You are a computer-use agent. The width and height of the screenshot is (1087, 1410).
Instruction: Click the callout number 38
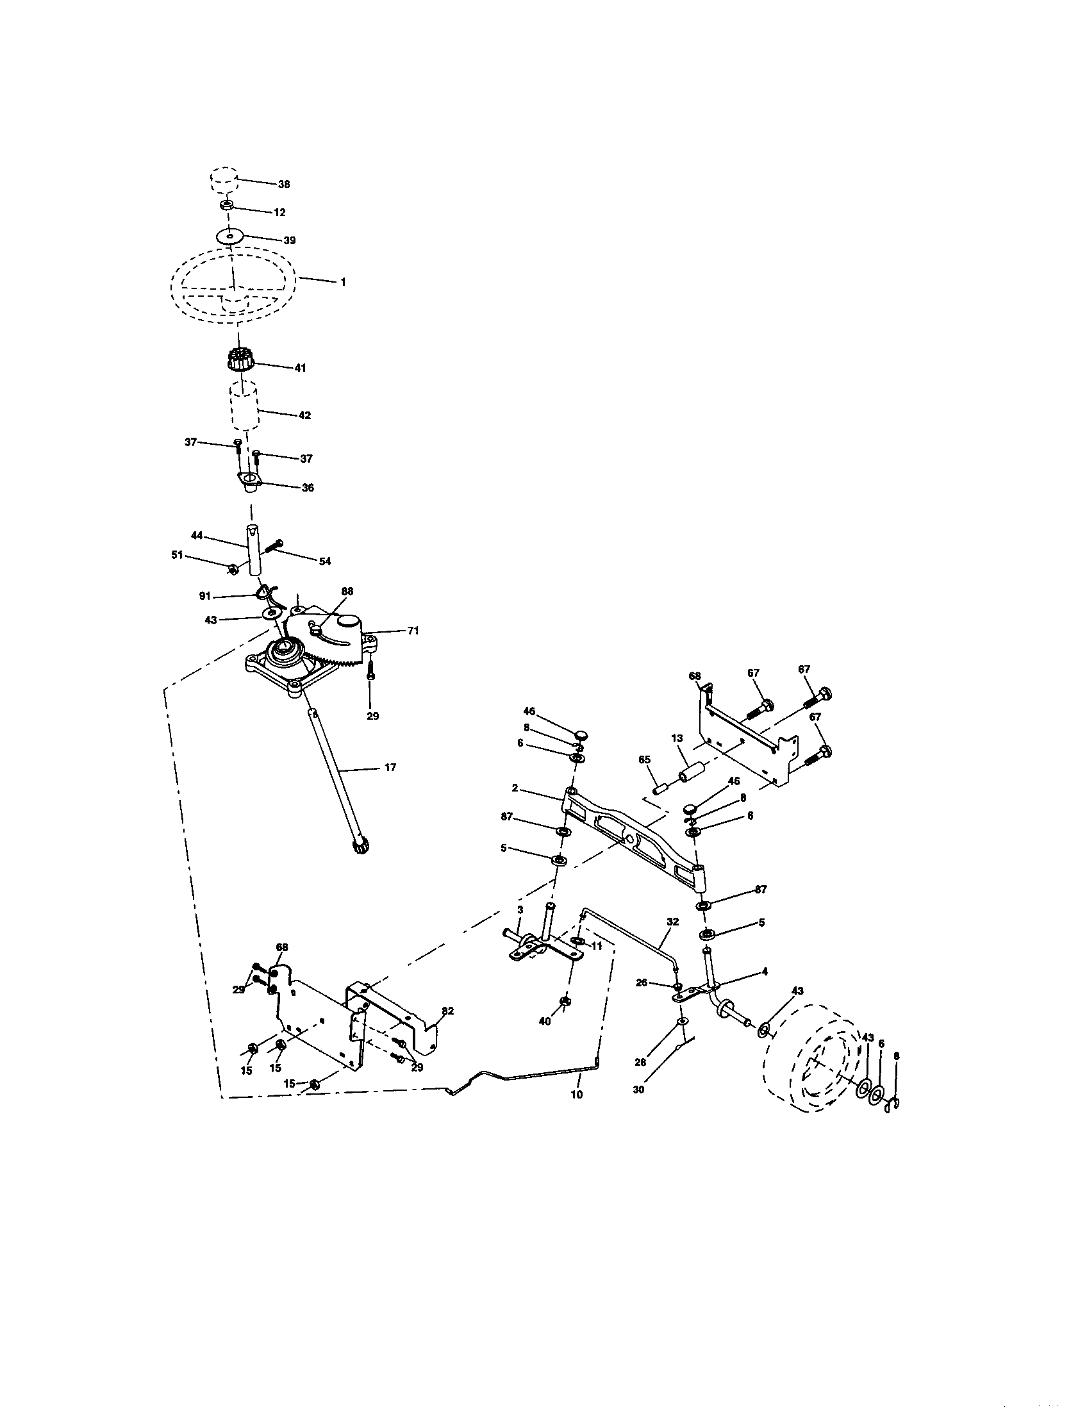tap(284, 184)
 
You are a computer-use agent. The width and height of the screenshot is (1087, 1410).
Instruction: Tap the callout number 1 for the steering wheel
tap(343, 282)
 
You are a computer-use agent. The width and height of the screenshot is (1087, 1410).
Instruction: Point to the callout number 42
tap(304, 415)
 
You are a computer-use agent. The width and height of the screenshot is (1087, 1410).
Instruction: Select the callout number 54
tap(325, 561)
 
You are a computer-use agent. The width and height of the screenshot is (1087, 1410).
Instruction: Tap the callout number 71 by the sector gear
tap(413, 631)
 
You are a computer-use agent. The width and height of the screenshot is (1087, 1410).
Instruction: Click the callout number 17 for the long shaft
tap(390, 767)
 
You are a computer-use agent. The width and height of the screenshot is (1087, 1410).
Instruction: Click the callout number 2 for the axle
tap(515, 788)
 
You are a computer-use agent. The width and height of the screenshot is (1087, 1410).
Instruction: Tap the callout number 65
tap(644, 760)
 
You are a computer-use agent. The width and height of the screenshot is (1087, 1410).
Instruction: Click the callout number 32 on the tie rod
tap(672, 922)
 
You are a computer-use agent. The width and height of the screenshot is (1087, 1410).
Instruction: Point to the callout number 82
tap(447, 1011)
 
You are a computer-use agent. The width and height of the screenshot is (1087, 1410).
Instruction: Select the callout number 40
tap(545, 1022)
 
